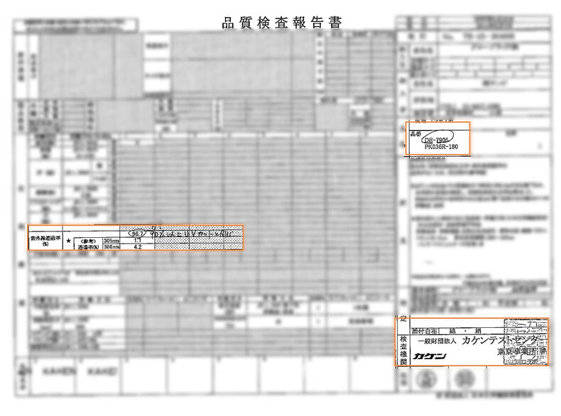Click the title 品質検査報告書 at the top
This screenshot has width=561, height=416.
click(x=282, y=23)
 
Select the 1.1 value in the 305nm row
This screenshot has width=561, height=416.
click(x=138, y=241)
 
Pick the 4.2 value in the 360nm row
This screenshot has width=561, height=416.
click(x=138, y=248)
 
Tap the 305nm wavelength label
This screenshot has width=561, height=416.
click(x=111, y=241)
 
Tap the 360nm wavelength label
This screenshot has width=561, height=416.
click(x=111, y=248)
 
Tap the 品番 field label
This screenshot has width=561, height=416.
click(x=416, y=133)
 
